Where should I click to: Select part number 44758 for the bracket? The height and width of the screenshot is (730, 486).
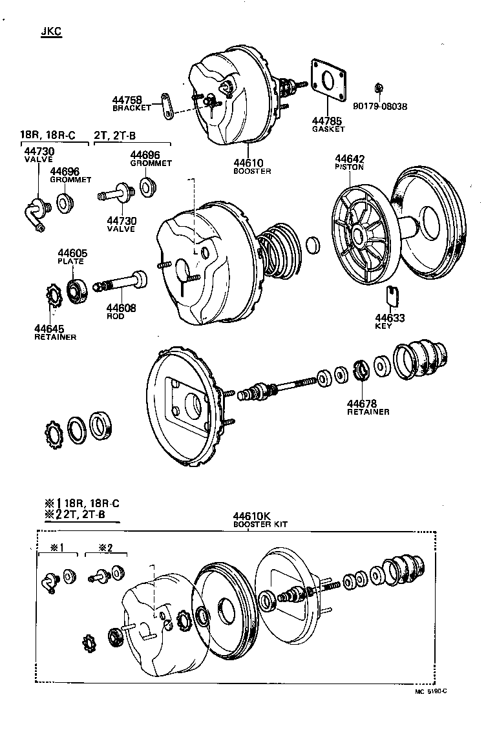click(127, 100)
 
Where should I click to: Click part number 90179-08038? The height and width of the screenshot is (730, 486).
click(380, 107)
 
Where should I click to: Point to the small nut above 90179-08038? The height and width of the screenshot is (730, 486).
click(379, 87)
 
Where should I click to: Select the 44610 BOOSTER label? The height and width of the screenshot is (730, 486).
click(252, 166)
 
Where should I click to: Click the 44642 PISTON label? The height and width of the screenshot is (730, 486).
click(350, 162)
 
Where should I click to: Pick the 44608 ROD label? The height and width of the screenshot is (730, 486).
click(121, 312)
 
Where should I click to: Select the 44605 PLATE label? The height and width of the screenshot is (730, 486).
click(72, 256)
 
